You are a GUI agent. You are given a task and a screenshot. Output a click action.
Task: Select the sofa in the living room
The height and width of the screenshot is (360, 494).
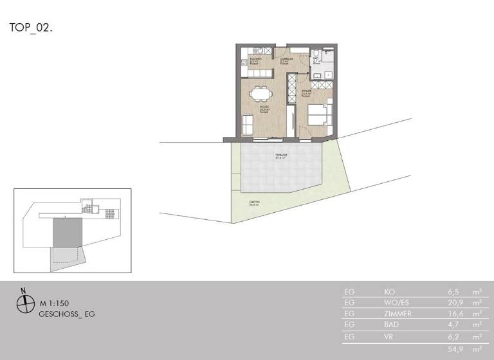point(247,123)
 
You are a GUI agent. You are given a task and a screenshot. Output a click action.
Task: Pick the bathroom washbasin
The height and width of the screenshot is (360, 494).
point(320,75)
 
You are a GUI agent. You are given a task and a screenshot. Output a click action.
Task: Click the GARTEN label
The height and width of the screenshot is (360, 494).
point(255,203)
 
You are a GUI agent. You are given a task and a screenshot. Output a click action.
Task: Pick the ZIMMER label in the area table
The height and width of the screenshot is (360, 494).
point(397,314)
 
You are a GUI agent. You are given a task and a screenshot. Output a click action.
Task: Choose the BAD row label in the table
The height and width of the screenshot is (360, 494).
point(391,325)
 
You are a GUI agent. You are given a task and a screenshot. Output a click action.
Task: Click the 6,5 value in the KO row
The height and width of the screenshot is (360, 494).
point(454,291)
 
